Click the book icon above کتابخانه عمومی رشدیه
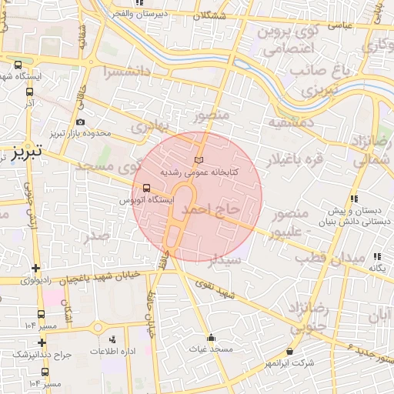[x=200, y=159]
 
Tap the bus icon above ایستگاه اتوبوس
[x=146, y=189]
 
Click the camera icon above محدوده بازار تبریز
[x=81, y=122]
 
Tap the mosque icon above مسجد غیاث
[x=211, y=337]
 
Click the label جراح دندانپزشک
[x=41, y=353]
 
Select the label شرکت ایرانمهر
[x=290, y=362]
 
